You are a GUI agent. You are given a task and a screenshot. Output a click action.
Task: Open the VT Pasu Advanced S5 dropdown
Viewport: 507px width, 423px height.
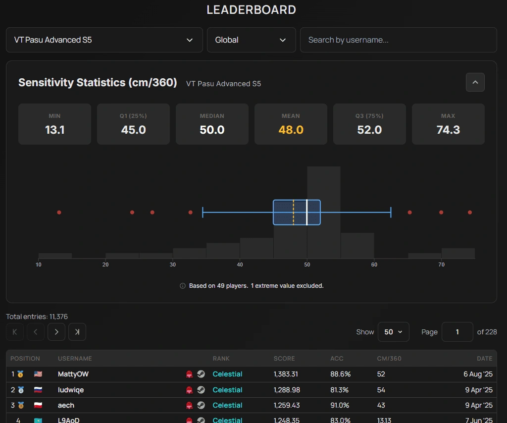click(104, 40)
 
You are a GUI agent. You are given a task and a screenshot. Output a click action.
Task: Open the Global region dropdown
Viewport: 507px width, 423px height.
click(251, 40)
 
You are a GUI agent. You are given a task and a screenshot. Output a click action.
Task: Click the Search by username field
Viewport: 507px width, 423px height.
click(398, 40)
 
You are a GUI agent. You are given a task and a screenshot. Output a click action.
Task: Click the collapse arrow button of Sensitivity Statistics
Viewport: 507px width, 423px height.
click(475, 82)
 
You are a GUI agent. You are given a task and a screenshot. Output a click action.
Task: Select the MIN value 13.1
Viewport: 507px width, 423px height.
click(54, 130)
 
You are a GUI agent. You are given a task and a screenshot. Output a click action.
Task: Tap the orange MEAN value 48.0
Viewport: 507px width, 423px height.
click(291, 130)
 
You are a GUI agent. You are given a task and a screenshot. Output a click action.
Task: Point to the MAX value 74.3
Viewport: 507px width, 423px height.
click(448, 130)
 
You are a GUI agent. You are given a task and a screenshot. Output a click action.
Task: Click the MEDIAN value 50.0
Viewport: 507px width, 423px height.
click(212, 130)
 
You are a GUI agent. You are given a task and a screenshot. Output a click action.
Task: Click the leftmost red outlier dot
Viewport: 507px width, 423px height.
click(59, 212)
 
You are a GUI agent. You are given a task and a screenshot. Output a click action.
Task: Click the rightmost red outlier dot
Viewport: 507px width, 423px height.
click(470, 212)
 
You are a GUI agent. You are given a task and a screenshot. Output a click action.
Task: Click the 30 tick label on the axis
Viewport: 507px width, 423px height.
click(172, 264)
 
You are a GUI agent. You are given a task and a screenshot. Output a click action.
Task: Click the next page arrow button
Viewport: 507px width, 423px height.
click(56, 332)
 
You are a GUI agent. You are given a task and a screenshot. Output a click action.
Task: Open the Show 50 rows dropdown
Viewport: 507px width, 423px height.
click(393, 332)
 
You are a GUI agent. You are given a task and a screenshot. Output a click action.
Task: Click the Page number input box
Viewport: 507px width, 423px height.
click(457, 332)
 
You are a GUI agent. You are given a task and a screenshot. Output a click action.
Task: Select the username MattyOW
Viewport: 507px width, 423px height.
click(73, 374)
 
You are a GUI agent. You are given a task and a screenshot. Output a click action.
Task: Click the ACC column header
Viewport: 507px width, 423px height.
click(337, 359)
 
